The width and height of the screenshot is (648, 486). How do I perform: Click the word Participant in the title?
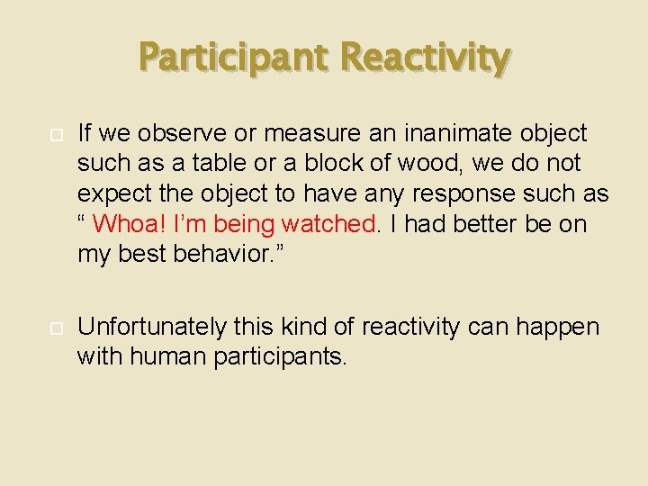coord(235,58)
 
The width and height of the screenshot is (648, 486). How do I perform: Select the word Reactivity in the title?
coord(427,58)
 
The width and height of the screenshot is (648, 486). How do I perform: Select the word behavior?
coord(224,254)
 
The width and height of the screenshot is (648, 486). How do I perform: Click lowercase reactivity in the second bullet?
coord(401,327)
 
